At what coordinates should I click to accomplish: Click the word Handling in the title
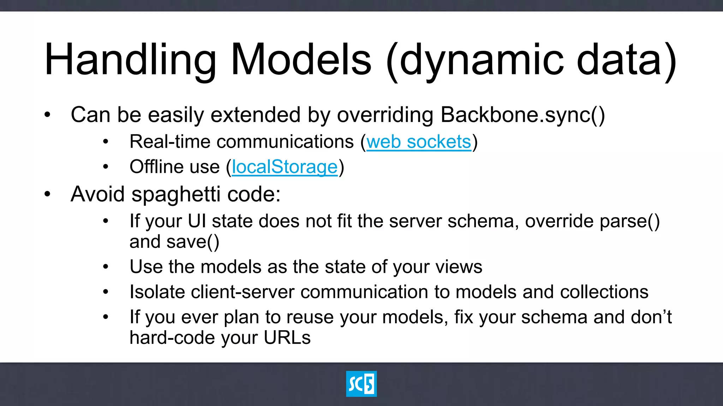click(x=130, y=60)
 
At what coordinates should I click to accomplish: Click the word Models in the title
click(x=301, y=60)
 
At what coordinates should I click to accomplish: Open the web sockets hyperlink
click(x=419, y=142)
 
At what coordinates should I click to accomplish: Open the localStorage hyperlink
click(x=285, y=167)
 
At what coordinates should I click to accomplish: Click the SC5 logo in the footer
click(x=361, y=384)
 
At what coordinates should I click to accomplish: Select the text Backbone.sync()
click(x=522, y=115)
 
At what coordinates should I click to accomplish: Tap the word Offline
click(x=156, y=167)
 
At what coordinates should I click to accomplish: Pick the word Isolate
click(x=157, y=292)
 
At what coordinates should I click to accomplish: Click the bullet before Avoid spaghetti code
click(x=48, y=194)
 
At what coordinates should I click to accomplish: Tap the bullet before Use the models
click(x=106, y=267)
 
